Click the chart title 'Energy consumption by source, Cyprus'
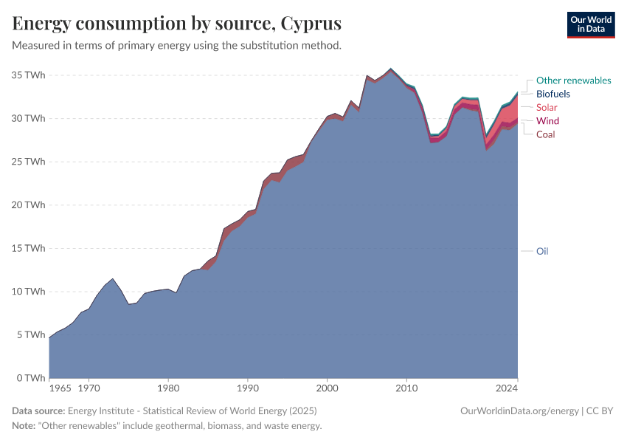tap(176, 24)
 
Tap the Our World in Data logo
tap(590, 24)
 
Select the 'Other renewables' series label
tap(573, 80)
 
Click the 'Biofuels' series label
tap(552, 94)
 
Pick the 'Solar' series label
tap(547, 108)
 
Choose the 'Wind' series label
tap(547, 121)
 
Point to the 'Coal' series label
tap(545, 134)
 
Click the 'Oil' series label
tap(541, 251)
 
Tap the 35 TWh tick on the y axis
tap(28, 75)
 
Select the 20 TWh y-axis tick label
tap(28, 205)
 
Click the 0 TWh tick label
tap(30, 378)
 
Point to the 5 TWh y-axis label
tap(30, 334)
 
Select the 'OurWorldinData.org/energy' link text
tap(519, 411)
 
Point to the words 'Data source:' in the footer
tap(38, 411)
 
